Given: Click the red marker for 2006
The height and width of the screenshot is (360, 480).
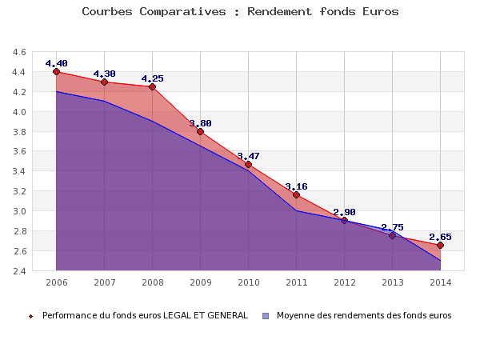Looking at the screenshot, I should (56, 71).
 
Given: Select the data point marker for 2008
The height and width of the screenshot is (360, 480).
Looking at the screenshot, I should (152, 86).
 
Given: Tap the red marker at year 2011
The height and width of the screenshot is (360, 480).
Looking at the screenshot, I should (296, 194).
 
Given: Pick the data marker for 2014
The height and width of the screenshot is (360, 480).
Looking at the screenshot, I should (440, 245).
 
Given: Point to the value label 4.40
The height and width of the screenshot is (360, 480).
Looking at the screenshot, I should (56, 63).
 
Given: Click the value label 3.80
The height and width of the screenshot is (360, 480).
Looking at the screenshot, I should (200, 123).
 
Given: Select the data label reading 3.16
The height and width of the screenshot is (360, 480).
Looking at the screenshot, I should (296, 186).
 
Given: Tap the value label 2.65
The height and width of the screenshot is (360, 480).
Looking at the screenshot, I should (440, 237).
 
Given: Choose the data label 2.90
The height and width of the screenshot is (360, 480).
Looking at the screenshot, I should (344, 212).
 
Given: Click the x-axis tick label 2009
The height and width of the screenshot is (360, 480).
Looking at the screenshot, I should (200, 282).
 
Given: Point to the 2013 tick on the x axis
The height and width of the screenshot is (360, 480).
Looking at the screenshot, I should (392, 282).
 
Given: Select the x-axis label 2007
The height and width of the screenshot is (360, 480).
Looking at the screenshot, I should (104, 282).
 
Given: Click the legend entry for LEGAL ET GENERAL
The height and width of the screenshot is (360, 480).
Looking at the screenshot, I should (144, 315).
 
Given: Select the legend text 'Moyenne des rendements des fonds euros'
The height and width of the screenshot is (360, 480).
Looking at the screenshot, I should (364, 315).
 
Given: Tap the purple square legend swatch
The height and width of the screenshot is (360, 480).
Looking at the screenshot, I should (266, 315).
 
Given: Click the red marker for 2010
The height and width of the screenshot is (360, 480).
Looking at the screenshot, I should (248, 164).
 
